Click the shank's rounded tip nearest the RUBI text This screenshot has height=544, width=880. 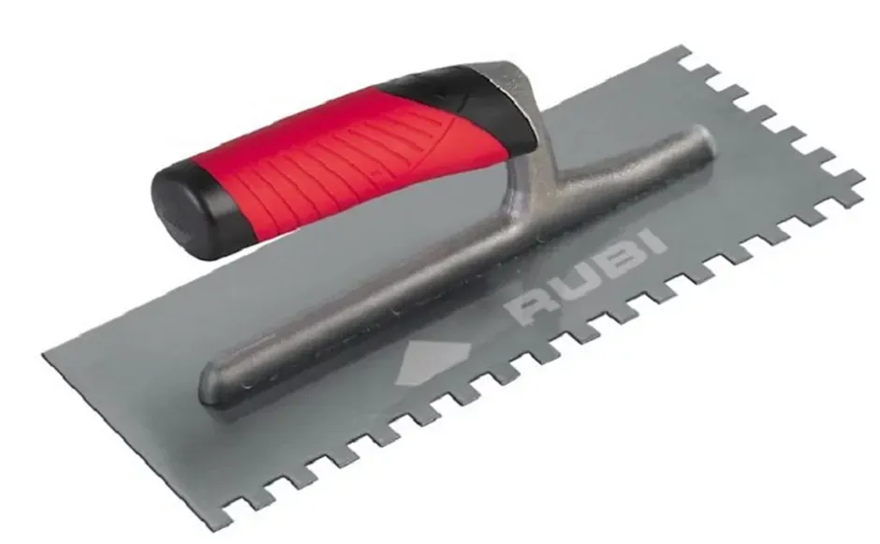pyautogui.click(x=697, y=140)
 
